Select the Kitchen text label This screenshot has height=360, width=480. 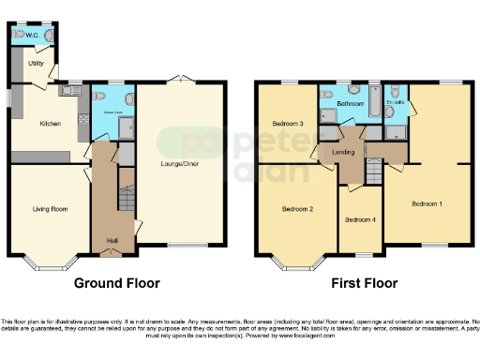[x=50, y=123]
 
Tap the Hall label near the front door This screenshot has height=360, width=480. [x=112, y=240]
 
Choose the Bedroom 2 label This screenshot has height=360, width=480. [x=297, y=209]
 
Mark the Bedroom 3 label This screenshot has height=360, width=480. [x=288, y=124]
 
